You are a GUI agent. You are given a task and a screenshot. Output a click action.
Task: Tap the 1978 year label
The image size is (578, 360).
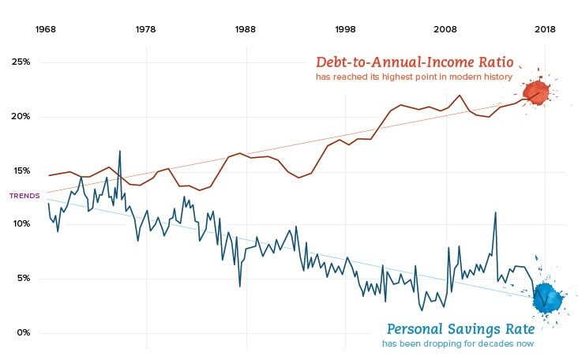(x=146, y=29)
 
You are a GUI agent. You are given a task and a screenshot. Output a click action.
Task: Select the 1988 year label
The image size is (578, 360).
(x=246, y=29)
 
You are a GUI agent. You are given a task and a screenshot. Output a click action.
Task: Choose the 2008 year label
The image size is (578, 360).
(x=445, y=29)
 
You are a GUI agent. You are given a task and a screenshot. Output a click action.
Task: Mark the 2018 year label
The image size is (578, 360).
(x=544, y=29)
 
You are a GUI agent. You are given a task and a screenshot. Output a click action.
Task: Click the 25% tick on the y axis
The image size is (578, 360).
(x=21, y=62)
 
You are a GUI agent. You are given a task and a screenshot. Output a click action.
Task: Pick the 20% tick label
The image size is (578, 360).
(x=21, y=117)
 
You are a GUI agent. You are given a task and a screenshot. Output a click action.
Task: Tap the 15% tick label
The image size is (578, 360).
(x=21, y=171)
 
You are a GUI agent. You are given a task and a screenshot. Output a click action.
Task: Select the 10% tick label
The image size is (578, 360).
(x=21, y=224)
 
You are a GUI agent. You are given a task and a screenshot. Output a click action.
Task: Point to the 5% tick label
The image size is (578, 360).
(x=23, y=278)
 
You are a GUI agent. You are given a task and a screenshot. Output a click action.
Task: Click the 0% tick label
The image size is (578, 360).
(x=23, y=332)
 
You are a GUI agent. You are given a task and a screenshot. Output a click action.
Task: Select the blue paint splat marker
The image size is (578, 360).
(x=546, y=297)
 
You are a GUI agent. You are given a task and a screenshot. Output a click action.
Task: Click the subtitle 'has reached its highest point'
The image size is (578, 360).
(x=414, y=77)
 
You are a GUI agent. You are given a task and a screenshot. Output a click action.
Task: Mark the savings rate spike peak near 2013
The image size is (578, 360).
(x=495, y=212)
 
